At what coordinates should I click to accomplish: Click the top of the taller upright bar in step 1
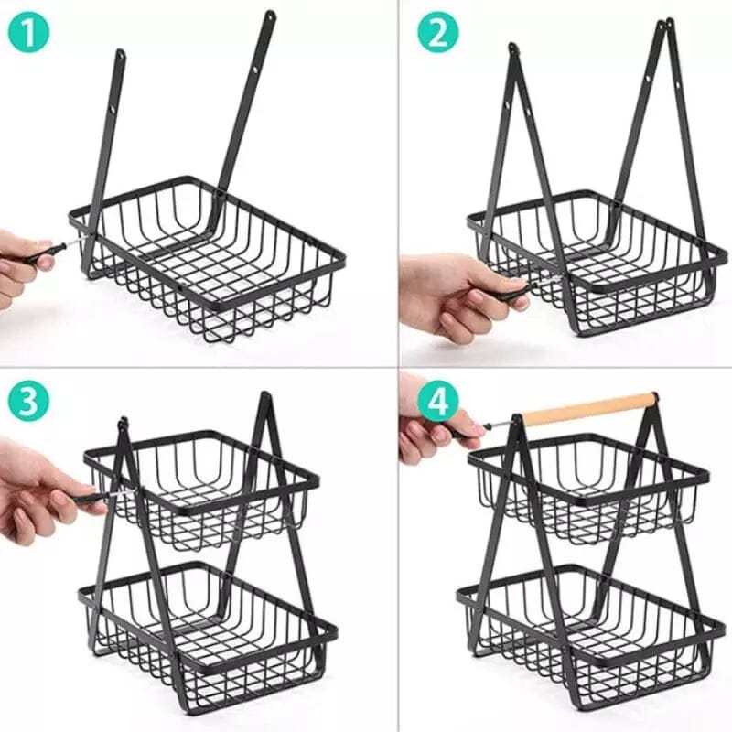click(x=270, y=16)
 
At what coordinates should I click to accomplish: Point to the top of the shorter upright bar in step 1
click(x=120, y=55)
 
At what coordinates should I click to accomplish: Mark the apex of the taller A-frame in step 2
click(x=670, y=23)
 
